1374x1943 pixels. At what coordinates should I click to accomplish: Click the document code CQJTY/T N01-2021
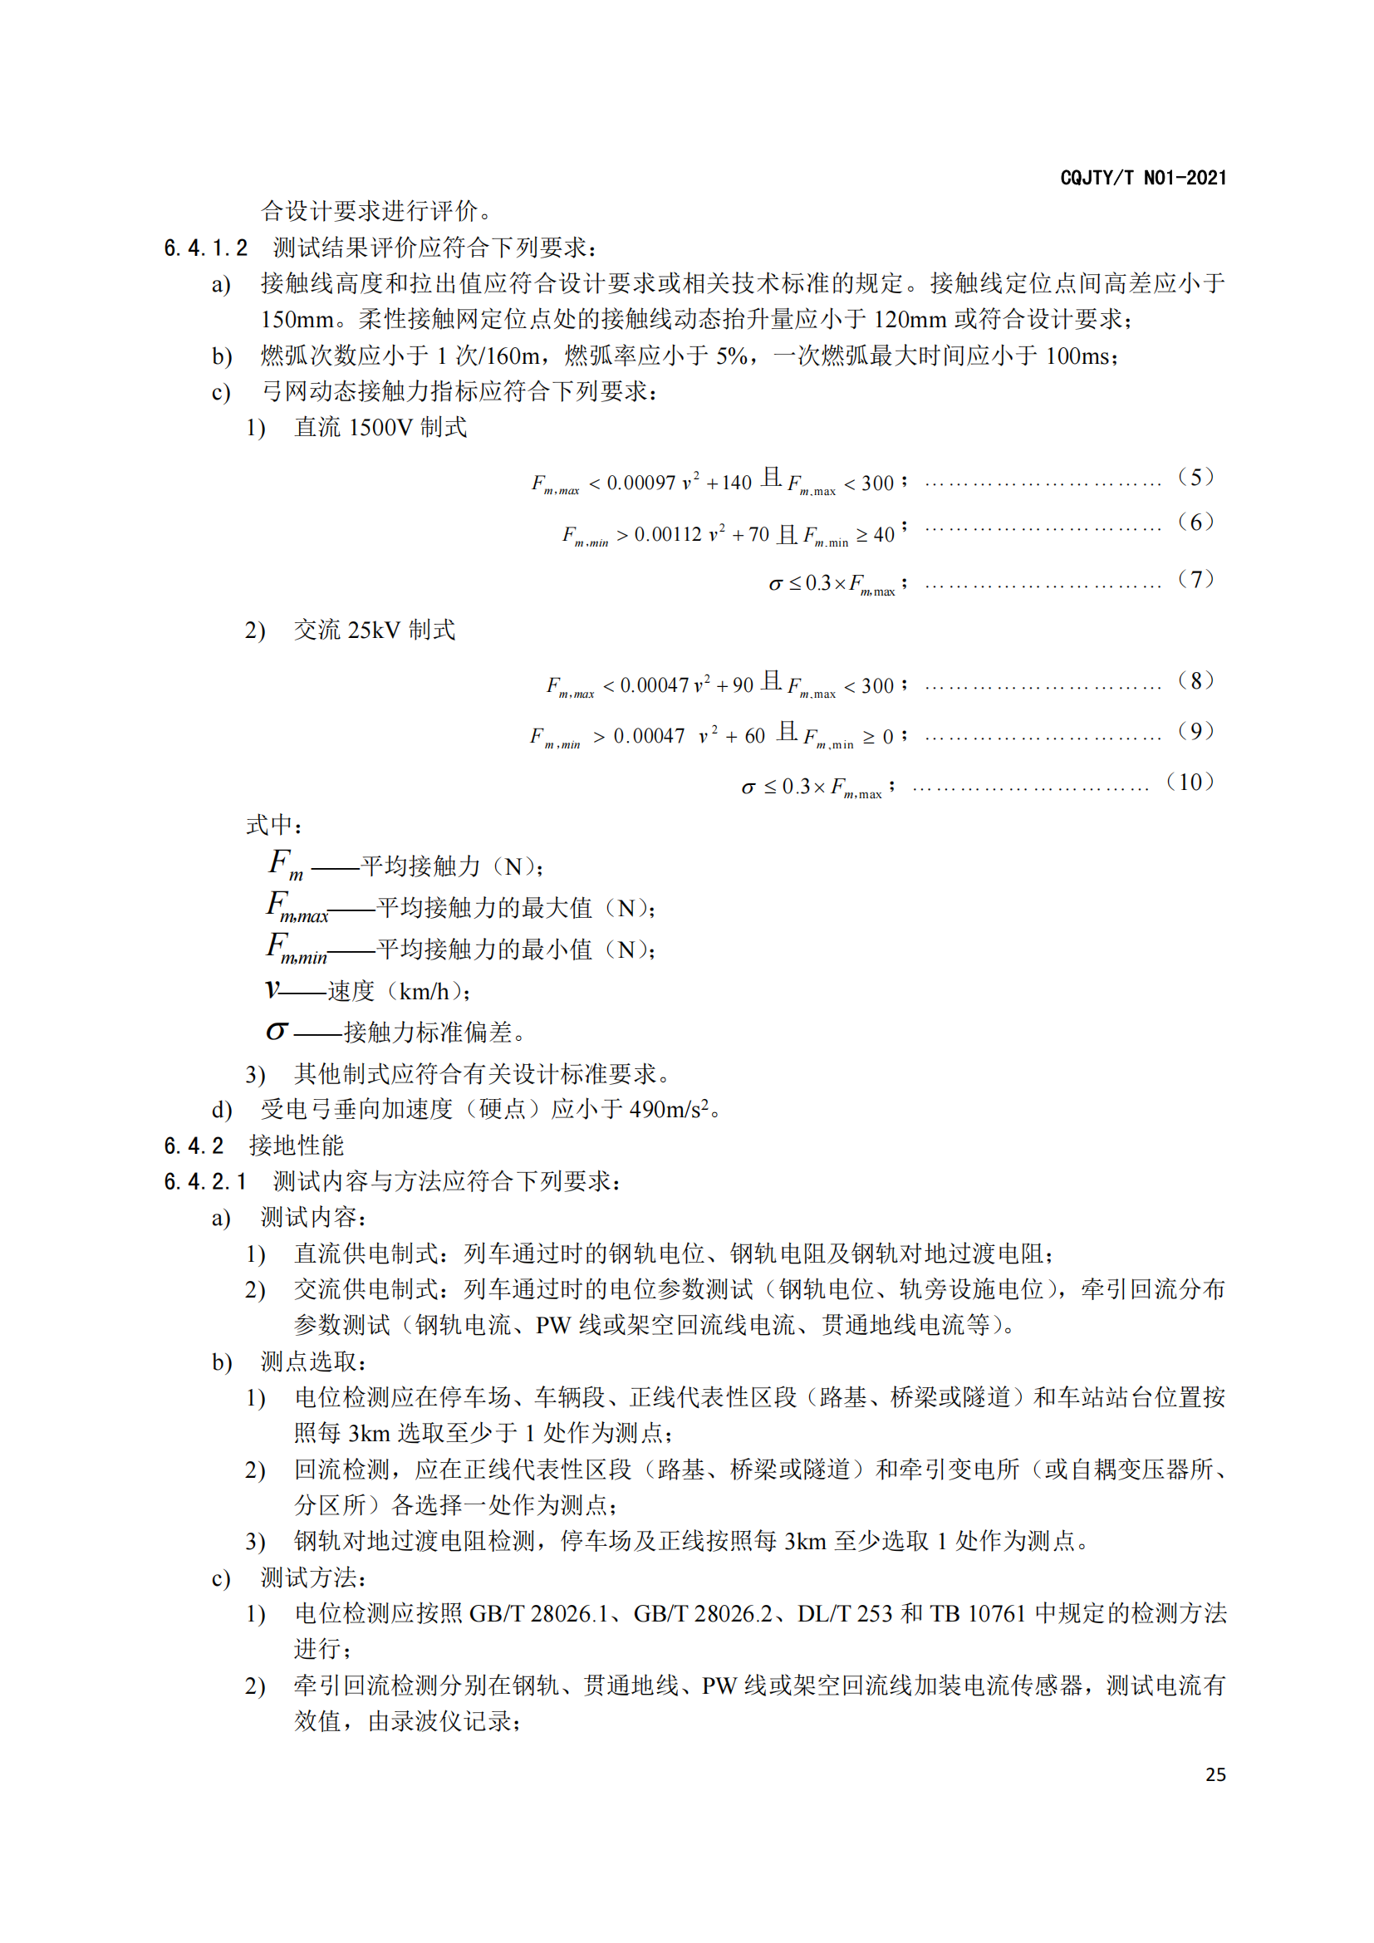[1142, 178]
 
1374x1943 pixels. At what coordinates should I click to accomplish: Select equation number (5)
[1195, 478]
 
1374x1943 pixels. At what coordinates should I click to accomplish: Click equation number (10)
[1190, 782]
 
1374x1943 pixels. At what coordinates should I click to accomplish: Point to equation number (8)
[1195, 680]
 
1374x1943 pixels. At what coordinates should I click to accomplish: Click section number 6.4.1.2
[205, 248]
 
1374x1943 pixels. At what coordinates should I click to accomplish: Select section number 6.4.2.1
[205, 1181]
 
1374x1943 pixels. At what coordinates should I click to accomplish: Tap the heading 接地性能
[296, 1146]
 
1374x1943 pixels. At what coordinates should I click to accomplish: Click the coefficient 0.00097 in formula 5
[640, 483]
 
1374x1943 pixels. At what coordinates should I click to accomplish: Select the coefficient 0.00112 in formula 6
[668, 535]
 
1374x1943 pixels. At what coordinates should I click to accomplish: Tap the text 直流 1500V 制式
[380, 427]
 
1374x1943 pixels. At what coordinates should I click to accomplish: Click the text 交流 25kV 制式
[374, 630]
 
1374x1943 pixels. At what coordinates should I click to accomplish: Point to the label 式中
[272, 824]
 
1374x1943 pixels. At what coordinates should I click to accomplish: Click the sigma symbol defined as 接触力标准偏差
[277, 1031]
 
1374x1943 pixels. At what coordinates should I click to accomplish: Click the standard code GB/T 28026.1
[538, 1614]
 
